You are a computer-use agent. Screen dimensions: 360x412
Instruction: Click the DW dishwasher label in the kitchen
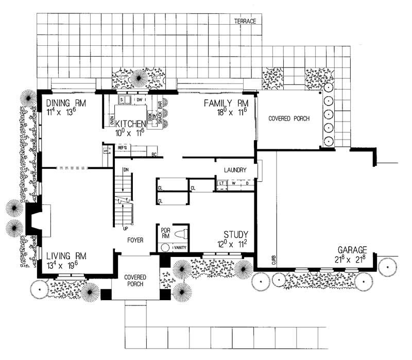click(140, 99)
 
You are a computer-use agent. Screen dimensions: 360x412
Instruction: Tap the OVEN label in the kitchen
click(112, 122)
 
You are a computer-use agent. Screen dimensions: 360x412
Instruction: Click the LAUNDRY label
click(235, 170)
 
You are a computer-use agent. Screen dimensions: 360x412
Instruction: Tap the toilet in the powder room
click(179, 234)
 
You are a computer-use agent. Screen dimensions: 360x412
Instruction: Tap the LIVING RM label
click(65, 256)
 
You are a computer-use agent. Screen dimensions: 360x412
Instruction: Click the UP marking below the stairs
click(125, 227)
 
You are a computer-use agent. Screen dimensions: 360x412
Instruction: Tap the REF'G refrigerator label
click(122, 147)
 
